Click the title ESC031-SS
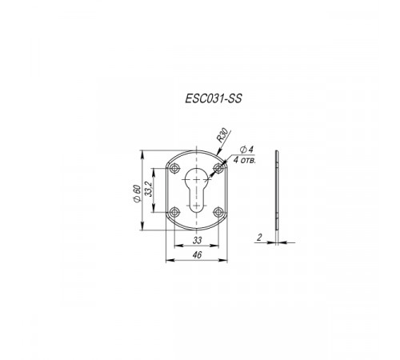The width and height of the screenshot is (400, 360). pos(214,98)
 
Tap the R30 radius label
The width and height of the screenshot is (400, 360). pos(222,135)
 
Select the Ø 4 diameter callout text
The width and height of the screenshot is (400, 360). pos(246,150)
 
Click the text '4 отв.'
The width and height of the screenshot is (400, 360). pos(245,160)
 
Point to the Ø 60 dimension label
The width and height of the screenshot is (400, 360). pos(137,194)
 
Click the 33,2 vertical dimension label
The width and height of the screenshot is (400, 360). pos(148,189)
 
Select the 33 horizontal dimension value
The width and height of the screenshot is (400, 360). pos(197,241)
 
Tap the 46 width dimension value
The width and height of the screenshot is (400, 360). pos(197,255)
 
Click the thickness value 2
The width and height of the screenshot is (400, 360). pos(259,237)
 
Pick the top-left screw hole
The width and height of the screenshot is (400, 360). pos(174,168)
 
